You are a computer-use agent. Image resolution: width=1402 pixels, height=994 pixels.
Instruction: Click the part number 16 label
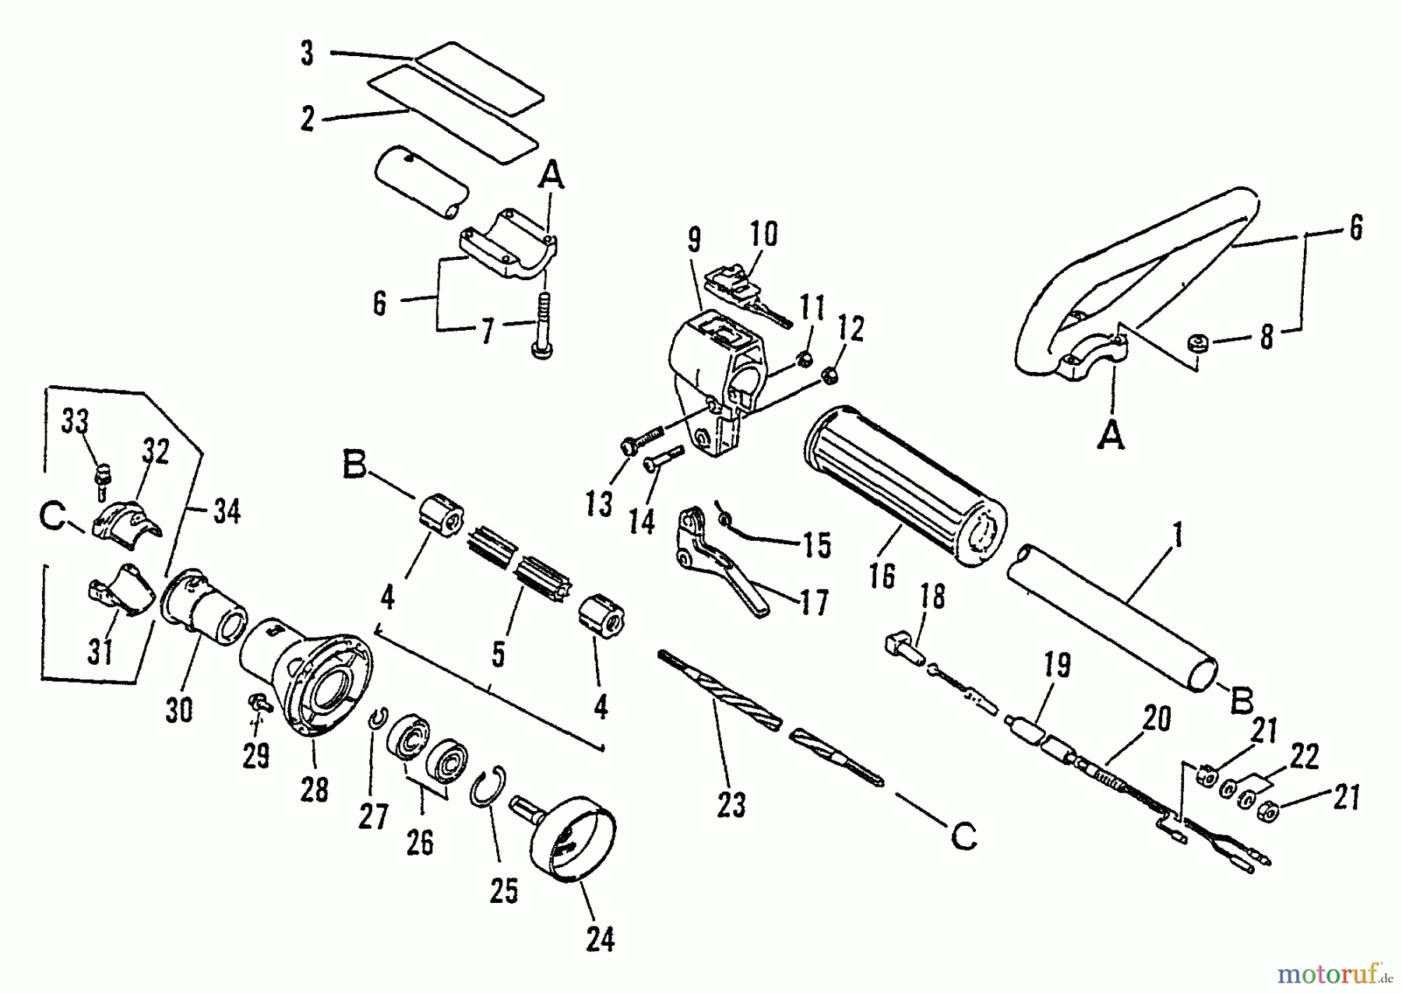point(883,575)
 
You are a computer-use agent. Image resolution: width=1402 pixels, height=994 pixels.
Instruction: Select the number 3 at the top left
point(307,54)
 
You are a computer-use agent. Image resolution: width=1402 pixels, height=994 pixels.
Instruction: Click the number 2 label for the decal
point(308,119)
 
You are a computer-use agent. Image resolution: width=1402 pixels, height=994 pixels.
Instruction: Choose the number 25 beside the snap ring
point(503,890)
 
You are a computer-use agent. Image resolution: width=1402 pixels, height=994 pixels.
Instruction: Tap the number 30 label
point(179,710)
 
